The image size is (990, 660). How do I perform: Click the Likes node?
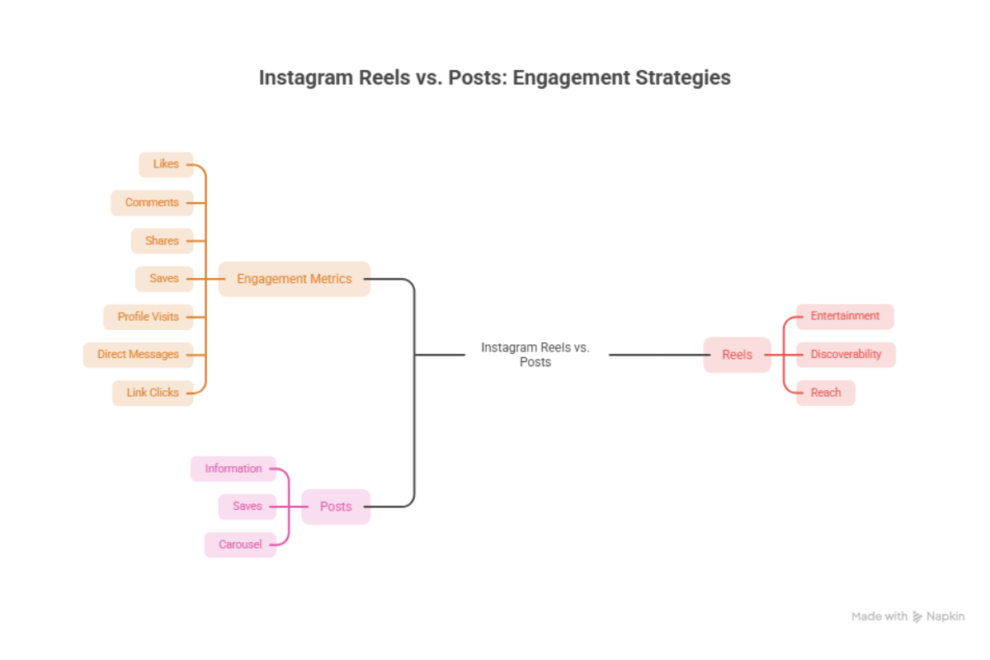pos(166,164)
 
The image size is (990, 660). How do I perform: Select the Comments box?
pos(152,203)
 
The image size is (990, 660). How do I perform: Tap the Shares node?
pos(163,241)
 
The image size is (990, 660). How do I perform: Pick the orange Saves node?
pos(164,279)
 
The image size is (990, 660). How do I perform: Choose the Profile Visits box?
pos(148,317)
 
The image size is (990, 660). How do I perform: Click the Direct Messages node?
pos(139,355)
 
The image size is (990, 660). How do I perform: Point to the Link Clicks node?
pos(153,393)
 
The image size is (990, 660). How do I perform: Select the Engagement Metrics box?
pos(295,279)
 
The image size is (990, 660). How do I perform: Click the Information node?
pos(233,469)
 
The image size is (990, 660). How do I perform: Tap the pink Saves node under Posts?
pos(247,507)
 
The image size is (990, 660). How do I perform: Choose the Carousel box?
pos(240,544)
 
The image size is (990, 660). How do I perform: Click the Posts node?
pos(336,507)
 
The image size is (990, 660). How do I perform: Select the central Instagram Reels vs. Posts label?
pos(535,355)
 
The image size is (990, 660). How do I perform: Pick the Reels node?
pos(738,355)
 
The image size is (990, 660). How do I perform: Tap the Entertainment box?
pos(845,317)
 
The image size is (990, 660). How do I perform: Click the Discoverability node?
pos(846,355)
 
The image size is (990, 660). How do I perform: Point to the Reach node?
pos(826,393)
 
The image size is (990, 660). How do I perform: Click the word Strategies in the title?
pos(683,78)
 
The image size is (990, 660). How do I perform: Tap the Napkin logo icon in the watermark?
pos(917,616)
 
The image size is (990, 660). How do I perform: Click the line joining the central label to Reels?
pos(659,355)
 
